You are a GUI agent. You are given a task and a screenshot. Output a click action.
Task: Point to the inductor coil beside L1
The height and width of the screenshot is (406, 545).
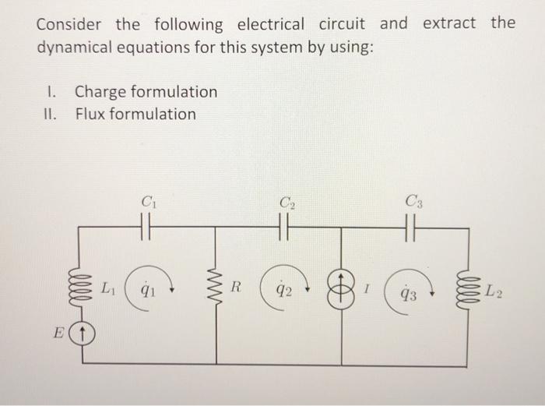(x=83, y=286)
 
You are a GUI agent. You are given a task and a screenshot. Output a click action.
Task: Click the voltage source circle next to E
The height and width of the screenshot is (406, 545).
(x=83, y=337)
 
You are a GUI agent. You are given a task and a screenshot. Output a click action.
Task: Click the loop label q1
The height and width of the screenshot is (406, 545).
(x=144, y=291)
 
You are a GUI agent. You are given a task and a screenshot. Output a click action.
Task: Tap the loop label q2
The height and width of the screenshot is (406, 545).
(x=283, y=291)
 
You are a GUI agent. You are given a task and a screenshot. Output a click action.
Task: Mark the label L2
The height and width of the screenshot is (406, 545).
(x=492, y=292)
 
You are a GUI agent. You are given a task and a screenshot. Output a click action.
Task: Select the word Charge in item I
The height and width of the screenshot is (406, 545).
(x=100, y=92)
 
